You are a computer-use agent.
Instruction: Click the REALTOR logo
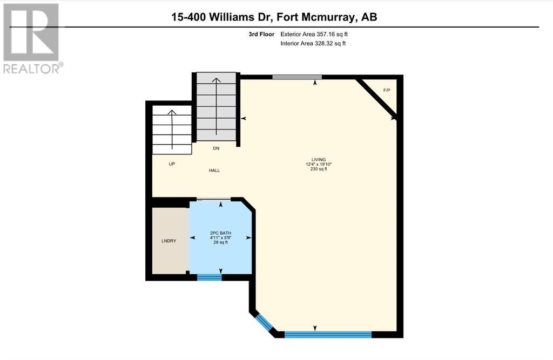coord(33,38)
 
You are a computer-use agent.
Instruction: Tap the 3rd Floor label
coord(261,34)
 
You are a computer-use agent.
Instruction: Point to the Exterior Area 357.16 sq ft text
coord(314,34)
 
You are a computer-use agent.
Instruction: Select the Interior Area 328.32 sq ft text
coord(313,43)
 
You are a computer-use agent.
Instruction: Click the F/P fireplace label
coord(387,90)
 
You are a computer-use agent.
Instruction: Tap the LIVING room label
coord(319,160)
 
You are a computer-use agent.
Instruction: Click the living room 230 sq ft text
coord(319,169)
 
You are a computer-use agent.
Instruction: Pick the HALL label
coord(214,171)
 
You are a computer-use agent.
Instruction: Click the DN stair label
coord(216,148)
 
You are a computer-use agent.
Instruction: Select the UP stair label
coord(172,164)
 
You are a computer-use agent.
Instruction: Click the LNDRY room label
coord(168,241)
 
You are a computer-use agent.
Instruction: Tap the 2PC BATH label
coord(220,233)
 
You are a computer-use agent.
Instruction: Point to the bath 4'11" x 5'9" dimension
coord(220,237)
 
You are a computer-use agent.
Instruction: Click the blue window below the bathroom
coord(209,277)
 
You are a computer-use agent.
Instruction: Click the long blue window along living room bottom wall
coord(328,335)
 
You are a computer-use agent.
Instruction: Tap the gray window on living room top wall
coord(297,77)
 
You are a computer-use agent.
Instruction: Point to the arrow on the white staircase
coord(172,130)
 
